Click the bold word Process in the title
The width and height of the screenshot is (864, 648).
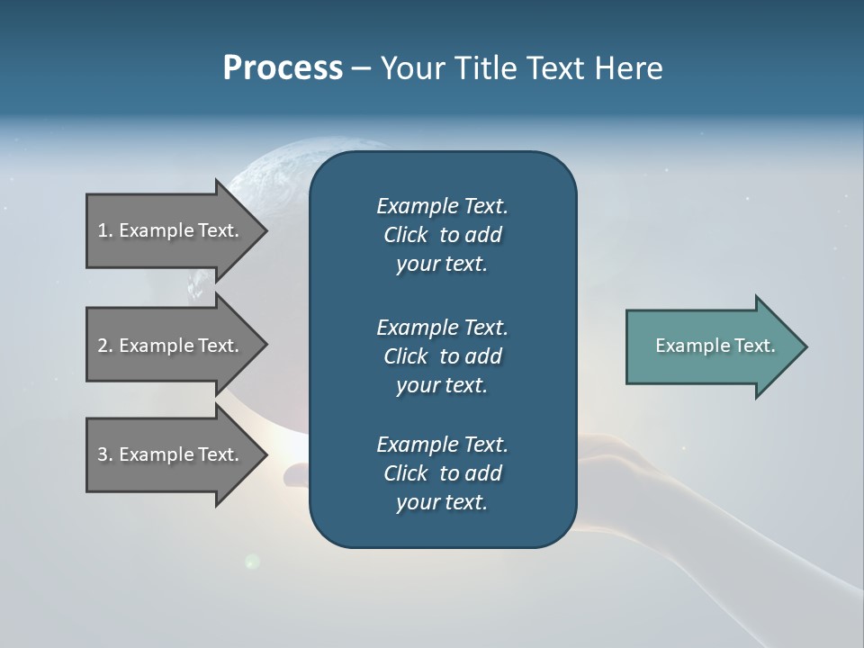coord(283,68)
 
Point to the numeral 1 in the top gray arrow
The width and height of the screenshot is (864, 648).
coord(103,230)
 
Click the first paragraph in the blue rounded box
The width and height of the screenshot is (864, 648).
coord(442,235)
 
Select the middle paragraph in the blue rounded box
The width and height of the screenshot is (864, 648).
coord(442,356)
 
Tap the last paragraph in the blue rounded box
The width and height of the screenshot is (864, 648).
coord(442,473)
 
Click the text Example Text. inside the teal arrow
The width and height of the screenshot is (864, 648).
coord(715,346)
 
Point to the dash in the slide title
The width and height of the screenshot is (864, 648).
coord(361,69)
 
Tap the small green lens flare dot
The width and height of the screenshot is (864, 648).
coord(252,562)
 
